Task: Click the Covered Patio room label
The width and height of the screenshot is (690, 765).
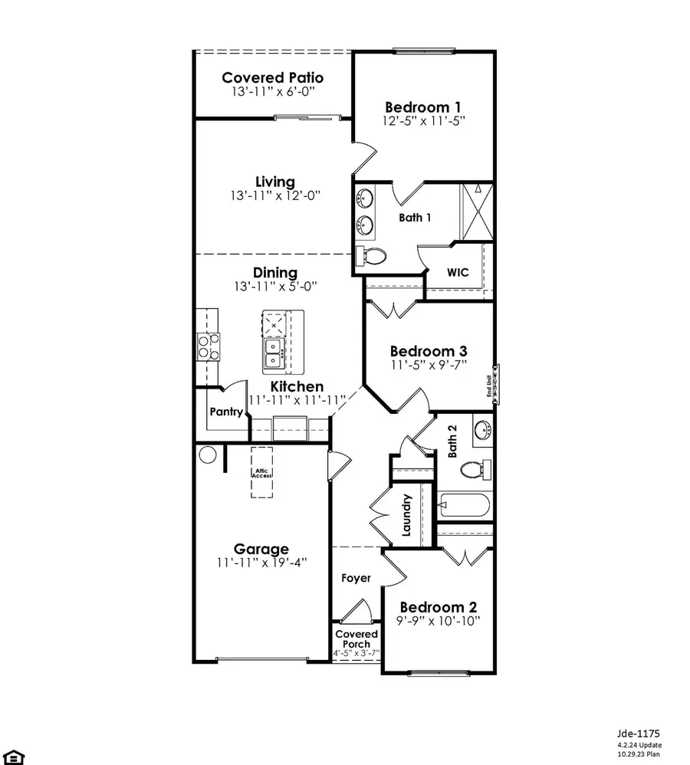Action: (272, 77)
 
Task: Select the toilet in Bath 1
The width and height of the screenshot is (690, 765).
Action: (370, 257)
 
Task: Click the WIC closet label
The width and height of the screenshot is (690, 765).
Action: (458, 272)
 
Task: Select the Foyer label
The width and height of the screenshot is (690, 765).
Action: (356, 578)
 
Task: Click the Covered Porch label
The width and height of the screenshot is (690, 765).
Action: (356, 639)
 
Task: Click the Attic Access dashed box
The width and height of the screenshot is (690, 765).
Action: (262, 473)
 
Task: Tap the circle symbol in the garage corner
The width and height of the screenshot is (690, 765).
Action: (208, 455)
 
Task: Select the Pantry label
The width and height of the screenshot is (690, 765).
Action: (226, 412)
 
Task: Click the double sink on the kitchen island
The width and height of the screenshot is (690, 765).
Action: (274, 353)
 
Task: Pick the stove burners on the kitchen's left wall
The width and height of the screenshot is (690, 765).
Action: (208, 346)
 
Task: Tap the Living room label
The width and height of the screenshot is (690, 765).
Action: (274, 182)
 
